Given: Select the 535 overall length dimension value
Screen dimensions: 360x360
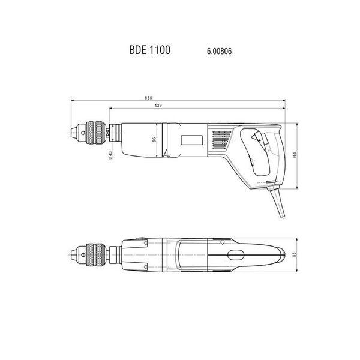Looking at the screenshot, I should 148,98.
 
